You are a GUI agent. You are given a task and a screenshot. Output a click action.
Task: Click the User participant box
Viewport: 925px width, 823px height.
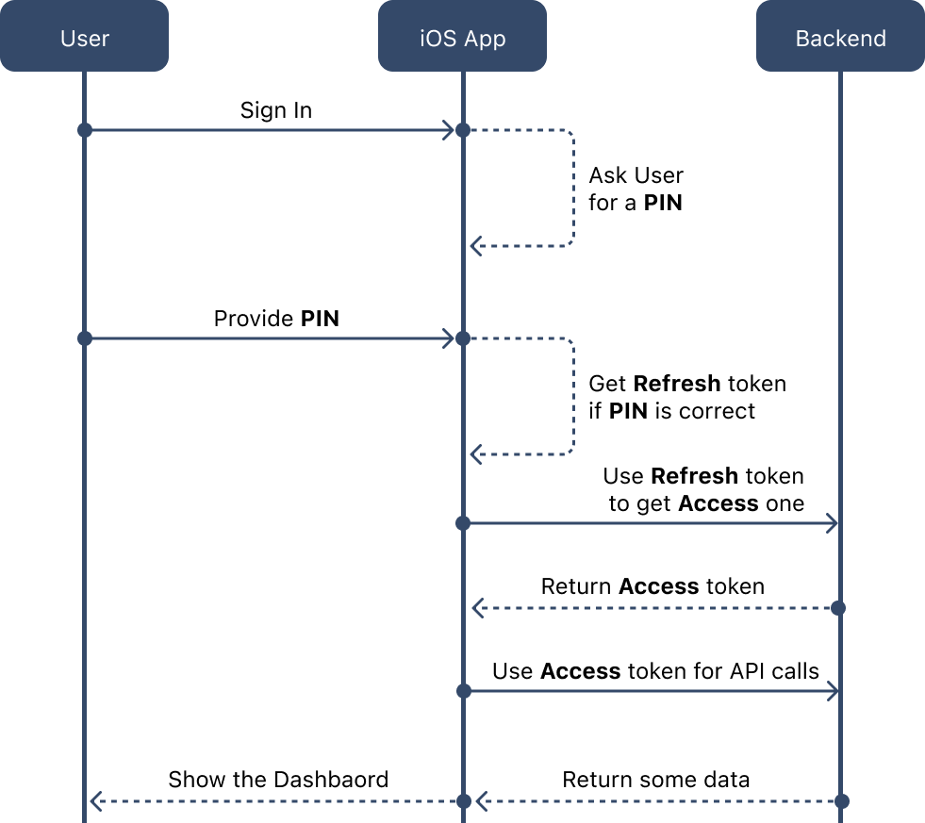84,37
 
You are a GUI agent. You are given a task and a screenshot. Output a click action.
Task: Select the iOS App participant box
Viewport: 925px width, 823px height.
462,37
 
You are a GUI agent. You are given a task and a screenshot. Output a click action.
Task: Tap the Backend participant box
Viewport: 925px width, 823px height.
840,37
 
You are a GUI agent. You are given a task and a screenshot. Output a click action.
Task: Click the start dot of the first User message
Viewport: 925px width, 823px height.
85,130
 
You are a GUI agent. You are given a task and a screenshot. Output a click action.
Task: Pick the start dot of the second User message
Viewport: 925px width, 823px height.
85,338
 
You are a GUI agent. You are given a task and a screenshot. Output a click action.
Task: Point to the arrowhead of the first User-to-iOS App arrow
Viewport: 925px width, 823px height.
450,130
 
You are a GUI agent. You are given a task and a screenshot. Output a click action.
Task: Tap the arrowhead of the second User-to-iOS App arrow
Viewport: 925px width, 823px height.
450,338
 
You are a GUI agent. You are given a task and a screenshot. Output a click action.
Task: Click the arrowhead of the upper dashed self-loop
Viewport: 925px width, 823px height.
475,246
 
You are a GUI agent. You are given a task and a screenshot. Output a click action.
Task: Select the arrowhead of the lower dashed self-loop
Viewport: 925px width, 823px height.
475,455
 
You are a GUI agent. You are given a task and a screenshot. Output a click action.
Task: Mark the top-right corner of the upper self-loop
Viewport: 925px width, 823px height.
571,133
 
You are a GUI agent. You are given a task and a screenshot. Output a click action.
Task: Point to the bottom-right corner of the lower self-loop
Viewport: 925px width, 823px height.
571,453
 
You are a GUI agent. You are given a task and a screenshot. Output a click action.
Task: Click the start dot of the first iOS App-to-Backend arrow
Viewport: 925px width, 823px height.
463,523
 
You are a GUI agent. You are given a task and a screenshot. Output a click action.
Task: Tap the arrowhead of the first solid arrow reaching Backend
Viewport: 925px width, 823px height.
833,523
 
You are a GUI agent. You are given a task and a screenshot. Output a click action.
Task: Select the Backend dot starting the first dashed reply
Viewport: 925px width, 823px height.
838,608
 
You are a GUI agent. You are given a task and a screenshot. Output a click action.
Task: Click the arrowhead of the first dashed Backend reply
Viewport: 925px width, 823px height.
476,608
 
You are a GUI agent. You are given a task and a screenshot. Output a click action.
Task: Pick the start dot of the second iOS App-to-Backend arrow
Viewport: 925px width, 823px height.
463,691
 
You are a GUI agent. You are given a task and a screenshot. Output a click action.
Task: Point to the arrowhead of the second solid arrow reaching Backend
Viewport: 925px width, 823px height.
833,691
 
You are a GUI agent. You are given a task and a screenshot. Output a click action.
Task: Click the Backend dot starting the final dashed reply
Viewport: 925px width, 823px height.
842,801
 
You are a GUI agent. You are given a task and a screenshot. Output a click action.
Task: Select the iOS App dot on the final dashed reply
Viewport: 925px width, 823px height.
463,801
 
